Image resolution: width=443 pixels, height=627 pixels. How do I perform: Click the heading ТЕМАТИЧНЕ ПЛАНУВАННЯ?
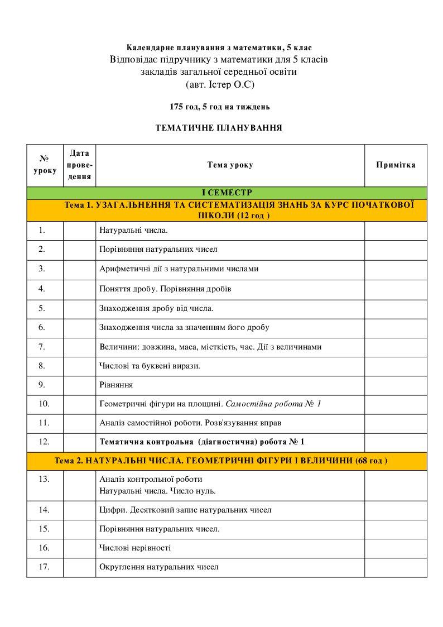219,128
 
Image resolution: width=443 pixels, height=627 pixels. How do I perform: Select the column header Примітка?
396,165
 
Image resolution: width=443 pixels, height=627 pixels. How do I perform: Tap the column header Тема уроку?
230,165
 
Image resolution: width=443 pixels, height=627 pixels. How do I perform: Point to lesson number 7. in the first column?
42,347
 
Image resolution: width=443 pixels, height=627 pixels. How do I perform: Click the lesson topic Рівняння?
115,385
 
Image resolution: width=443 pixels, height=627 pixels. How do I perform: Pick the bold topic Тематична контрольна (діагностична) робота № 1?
202,442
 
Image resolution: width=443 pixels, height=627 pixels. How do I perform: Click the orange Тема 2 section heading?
221,461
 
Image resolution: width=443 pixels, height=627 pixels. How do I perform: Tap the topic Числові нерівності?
134,548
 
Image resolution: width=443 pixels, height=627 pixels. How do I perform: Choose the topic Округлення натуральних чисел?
158,567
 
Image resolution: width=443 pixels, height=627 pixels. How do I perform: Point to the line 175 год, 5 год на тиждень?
220,107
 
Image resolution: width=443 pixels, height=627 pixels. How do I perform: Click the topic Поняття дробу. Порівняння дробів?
165,289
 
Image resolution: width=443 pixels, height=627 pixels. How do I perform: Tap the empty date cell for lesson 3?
79,269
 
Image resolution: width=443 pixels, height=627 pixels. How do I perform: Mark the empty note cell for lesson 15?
396,529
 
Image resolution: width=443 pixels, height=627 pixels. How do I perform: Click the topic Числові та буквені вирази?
150,366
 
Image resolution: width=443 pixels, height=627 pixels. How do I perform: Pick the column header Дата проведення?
79,165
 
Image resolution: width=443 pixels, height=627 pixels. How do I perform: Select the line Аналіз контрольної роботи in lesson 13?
151,479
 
